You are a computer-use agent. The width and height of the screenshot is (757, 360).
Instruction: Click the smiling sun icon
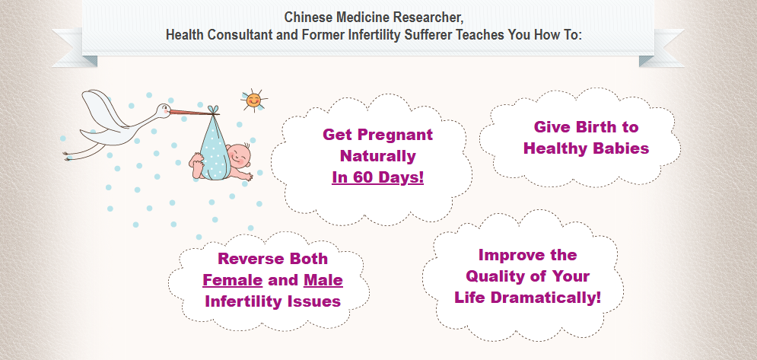pyautogui.click(x=253, y=100)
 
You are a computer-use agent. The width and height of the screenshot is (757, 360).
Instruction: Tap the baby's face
pyautogui.click(x=239, y=155)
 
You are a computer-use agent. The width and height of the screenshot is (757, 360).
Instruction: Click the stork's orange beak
pyautogui.click(x=190, y=112)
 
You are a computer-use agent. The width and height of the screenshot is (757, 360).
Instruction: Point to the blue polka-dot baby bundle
pyautogui.click(x=212, y=148)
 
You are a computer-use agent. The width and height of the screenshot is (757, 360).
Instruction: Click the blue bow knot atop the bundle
pyautogui.click(x=213, y=110)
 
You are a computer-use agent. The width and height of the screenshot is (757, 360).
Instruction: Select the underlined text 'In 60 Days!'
pyautogui.click(x=377, y=177)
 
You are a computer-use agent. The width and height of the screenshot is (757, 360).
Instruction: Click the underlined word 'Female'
pyautogui.click(x=232, y=280)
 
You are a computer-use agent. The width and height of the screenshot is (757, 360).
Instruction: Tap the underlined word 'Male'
pyautogui.click(x=323, y=280)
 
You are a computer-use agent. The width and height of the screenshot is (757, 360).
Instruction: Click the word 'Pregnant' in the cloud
pyautogui.click(x=397, y=135)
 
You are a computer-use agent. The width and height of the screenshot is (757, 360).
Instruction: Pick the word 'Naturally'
pyautogui.click(x=377, y=156)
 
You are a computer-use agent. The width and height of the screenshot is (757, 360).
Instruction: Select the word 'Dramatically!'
pyautogui.click(x=546, y=297)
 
